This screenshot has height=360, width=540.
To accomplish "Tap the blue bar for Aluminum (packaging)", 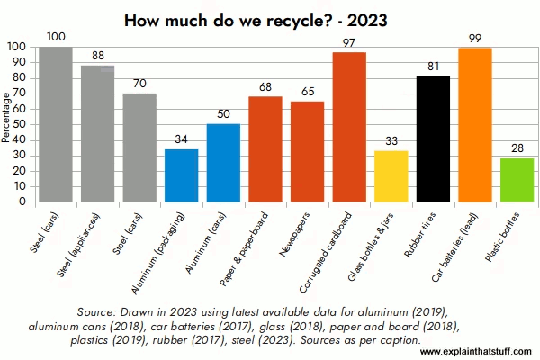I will click(x=182, y=175).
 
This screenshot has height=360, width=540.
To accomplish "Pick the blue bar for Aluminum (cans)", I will click(x=223, y=163).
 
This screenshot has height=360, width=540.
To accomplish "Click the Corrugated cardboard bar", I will click(x=349, y=127).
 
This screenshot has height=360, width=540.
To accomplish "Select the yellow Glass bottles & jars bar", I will click(x=391, y=176).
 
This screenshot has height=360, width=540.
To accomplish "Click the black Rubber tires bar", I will click(x=433, y=139).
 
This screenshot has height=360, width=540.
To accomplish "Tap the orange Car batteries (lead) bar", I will click(x=474, y=125).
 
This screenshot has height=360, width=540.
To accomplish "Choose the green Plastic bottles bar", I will click(x=517, y=180).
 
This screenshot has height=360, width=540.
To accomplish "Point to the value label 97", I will click(x=349, y=43).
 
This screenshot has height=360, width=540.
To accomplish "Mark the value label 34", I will click(x=182, y=140).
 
